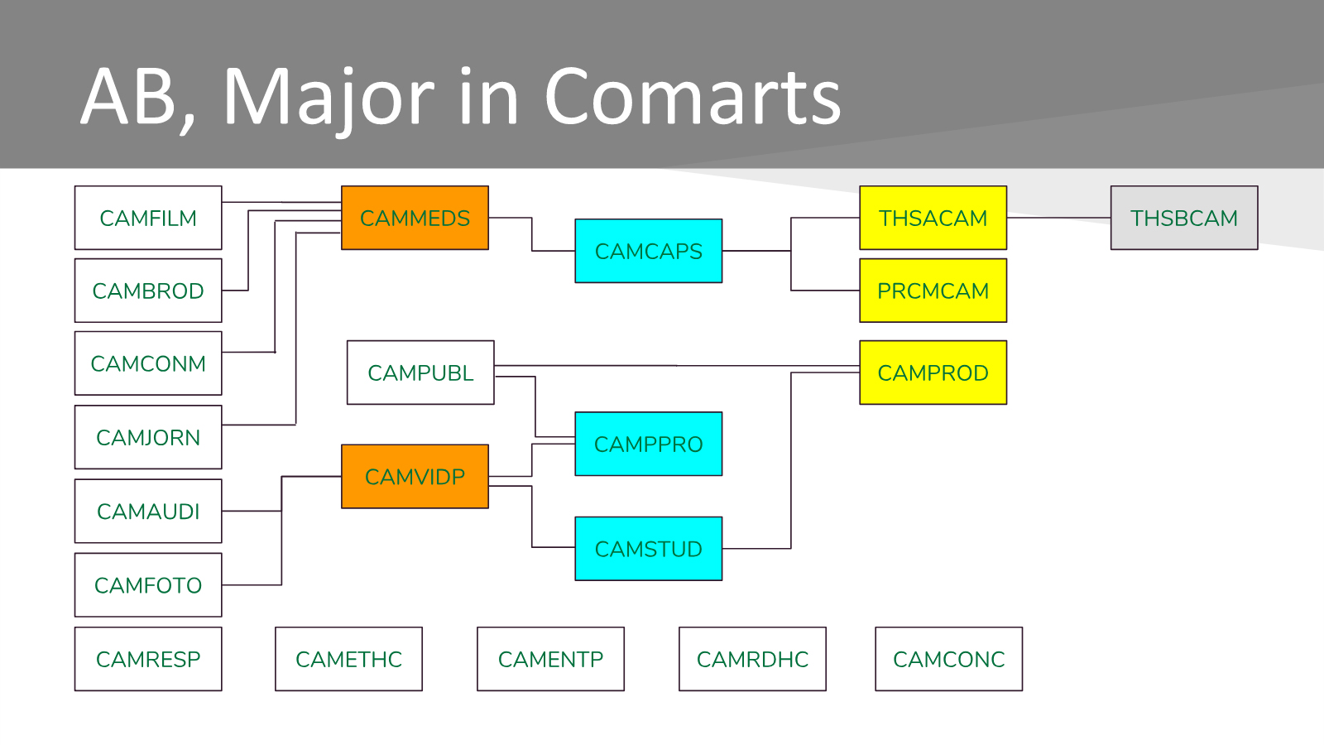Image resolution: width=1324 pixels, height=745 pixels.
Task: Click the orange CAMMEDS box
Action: pos(415,218)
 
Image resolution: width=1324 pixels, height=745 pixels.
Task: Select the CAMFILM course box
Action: pos(148,218)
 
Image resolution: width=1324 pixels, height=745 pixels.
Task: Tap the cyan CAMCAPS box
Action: pos(648,251)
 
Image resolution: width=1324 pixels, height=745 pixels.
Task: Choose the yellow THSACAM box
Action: pos(933,218)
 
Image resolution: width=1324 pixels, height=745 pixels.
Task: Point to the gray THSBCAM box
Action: pos(1183,218)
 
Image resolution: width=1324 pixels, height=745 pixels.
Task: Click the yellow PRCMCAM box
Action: pos(933,291)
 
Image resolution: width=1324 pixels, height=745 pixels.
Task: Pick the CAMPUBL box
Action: pos(420,372)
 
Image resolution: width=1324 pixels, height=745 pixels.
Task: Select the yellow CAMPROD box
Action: pos(933,372)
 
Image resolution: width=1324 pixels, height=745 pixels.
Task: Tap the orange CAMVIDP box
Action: pos(415,477)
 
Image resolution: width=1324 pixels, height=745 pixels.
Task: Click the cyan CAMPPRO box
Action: pos(648,444)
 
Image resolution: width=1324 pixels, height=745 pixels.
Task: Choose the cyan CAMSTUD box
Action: pos(648,549)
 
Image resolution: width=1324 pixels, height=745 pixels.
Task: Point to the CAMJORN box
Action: pos(148,437)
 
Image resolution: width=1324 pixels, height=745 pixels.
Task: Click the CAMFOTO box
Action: pos(148,585)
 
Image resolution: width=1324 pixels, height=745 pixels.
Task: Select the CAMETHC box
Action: pos(348,659)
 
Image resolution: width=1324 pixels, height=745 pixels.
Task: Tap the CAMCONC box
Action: pos(948,659)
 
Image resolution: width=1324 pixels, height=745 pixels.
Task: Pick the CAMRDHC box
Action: pos(752,659)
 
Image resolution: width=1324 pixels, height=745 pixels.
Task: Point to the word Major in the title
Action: pos(328,98)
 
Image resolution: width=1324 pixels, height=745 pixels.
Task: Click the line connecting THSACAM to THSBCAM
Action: pos(1058,218)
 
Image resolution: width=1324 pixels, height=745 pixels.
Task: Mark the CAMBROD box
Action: pos(148,291)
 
